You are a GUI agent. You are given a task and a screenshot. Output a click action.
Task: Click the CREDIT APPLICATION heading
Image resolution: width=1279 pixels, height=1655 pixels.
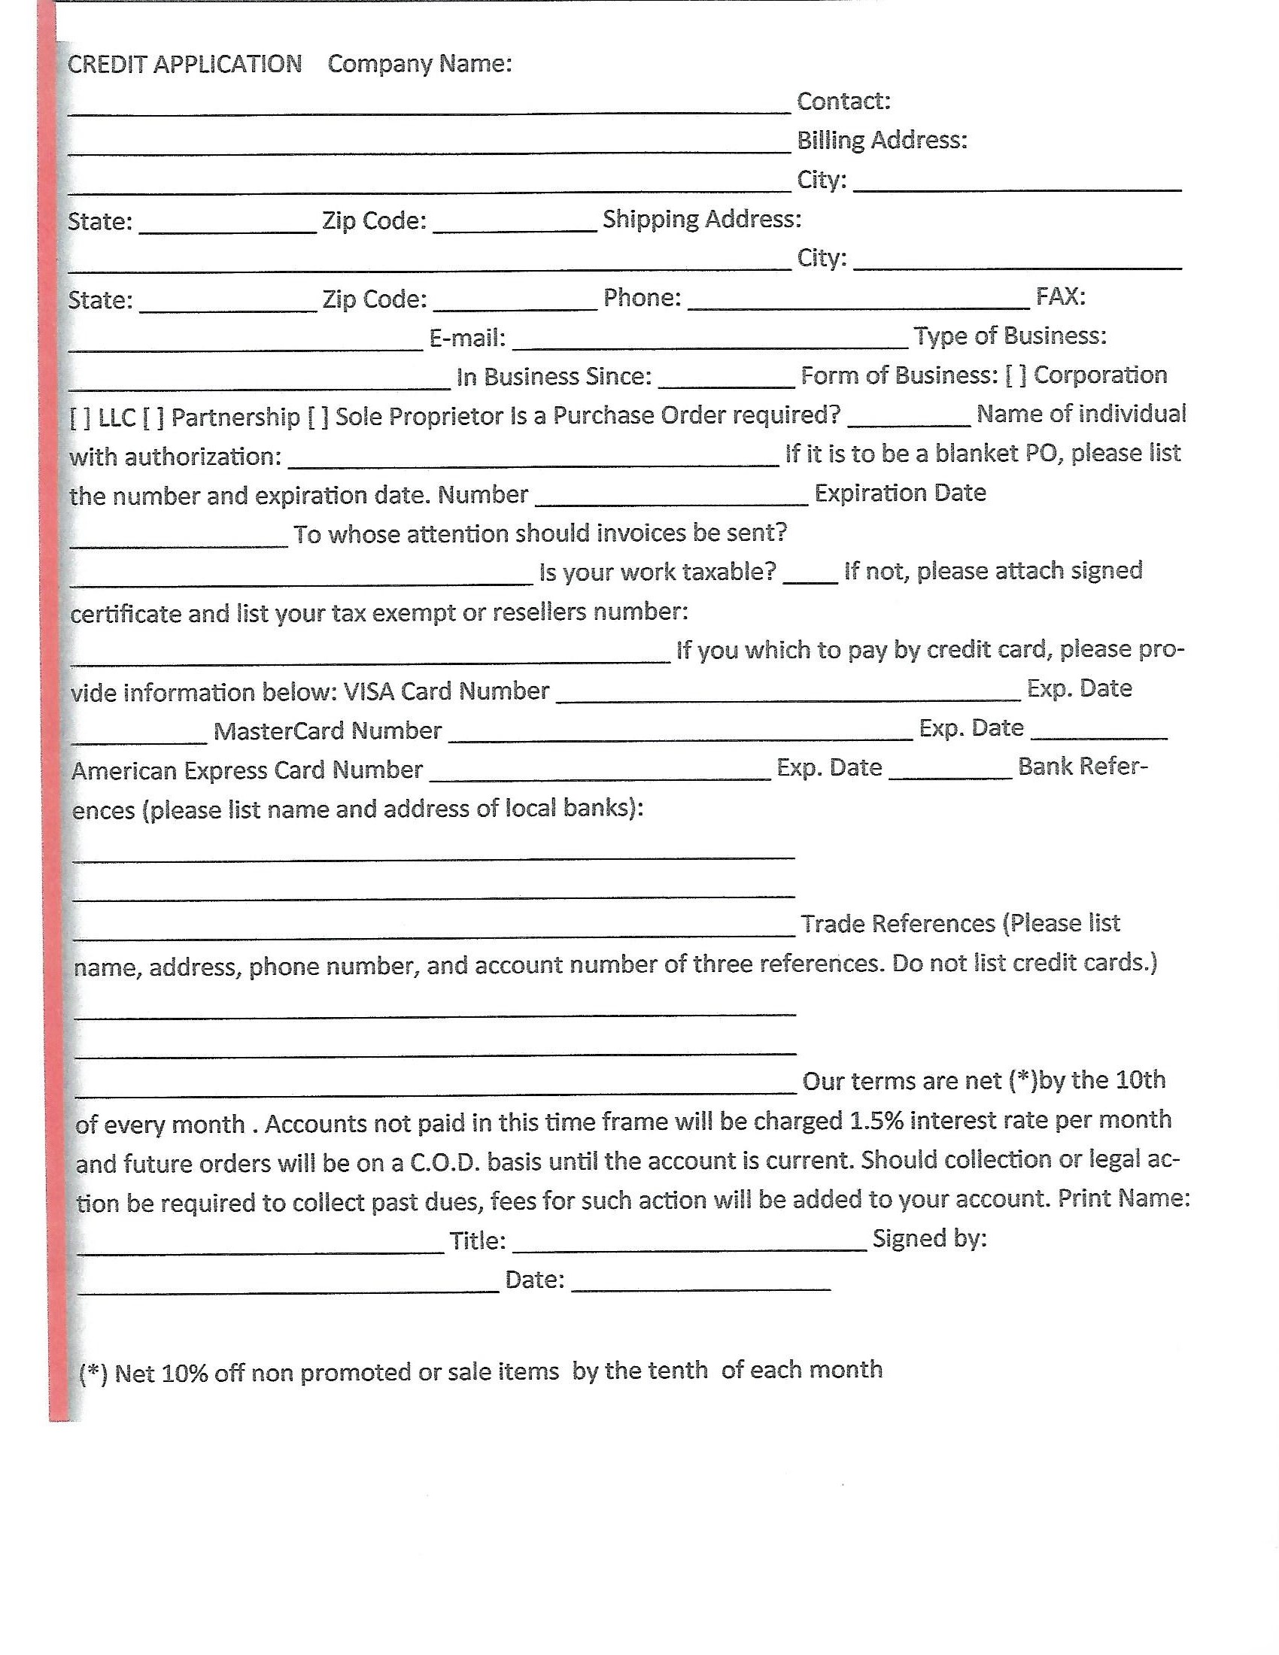(184, 65)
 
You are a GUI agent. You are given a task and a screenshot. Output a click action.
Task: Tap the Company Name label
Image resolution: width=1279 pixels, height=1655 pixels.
(419, 65)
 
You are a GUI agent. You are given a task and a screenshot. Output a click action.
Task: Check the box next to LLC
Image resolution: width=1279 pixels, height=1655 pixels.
(81, 418)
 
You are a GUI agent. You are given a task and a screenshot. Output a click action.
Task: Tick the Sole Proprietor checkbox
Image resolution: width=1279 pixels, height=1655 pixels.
(317, 418)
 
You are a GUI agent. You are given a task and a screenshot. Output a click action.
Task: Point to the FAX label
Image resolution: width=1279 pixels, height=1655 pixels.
(1060, 296)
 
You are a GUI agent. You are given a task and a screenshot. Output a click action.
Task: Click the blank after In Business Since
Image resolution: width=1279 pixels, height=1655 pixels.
(726, 381)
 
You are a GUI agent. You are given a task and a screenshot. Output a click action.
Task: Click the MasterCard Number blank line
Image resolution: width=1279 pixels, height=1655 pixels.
(680, 735)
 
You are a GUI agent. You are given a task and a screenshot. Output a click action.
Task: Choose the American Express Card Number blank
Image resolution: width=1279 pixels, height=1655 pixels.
(600, 774)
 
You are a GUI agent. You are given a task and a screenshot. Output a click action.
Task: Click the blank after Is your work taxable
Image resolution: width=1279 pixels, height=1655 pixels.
(810, 578)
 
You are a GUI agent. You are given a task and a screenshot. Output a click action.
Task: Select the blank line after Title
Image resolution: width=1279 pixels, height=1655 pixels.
(689, 1244)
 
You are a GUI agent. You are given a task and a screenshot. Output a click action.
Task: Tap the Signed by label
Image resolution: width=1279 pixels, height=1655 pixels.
(929, 1238)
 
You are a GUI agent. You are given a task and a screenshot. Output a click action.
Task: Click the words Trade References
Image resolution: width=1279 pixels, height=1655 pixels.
(897, 924)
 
